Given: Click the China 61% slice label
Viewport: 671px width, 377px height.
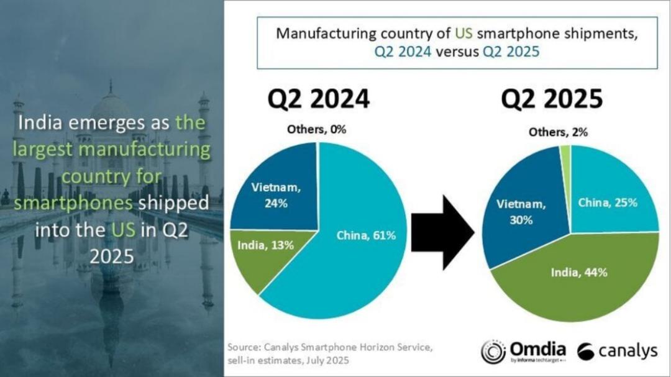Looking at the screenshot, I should (x=366, y=235).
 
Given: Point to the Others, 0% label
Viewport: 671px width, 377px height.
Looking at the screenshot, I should (x=316, y=130).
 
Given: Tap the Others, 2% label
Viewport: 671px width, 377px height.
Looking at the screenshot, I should (x=558, y=132).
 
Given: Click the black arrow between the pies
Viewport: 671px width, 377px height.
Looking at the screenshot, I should (x=445, y=231).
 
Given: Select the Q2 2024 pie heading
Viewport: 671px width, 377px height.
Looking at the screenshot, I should (x=317, y=99).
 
